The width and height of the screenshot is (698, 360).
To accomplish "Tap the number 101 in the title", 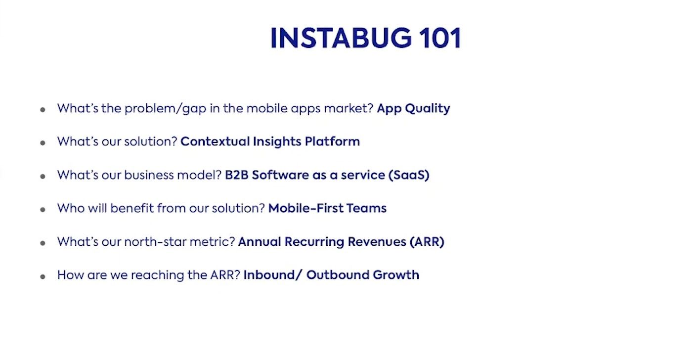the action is tap(440, 38).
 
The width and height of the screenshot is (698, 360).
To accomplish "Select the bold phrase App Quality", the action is tap(413, 109).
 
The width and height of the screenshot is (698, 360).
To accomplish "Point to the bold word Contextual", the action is tap(215, 141).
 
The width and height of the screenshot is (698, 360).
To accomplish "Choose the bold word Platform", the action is tap(332, 141).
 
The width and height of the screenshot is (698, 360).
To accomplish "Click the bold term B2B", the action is tap(236, 175).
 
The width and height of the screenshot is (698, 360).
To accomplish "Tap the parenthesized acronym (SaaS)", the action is tap(409, 175).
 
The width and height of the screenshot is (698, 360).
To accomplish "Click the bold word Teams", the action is tap(366, 208).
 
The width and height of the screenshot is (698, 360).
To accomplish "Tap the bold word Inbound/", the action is tap(273, 275).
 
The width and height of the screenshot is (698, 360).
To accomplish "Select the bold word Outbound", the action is tap(338, 275).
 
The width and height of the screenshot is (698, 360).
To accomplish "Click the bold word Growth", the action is tap(396, 275).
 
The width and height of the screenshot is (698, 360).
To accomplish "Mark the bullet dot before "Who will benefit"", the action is tap(43, 210).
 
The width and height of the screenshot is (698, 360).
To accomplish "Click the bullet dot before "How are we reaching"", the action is tap(43, 276).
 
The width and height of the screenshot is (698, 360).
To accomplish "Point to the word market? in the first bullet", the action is tap(349, 108).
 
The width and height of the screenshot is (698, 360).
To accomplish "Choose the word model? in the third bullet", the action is tap(199, 175).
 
